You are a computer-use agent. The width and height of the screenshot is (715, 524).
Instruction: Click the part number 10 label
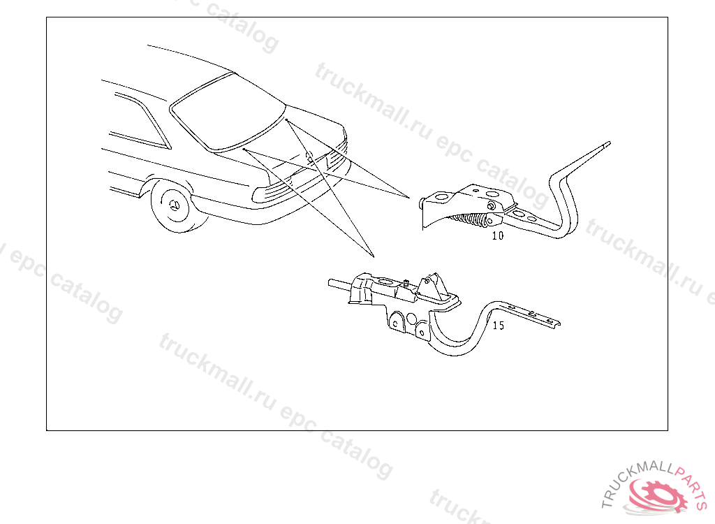(x=497, y=235)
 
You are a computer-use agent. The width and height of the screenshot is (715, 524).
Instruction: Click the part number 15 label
(x=499, y=326)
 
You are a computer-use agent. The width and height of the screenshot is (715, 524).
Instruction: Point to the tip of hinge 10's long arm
(x=609, y=143)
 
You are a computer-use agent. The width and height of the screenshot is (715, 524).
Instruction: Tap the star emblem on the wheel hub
(x=175, y=205)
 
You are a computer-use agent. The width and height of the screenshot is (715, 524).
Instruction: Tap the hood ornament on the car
(x=309, y=157)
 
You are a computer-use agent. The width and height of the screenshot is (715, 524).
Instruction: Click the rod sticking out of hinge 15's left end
(x=340, y=285)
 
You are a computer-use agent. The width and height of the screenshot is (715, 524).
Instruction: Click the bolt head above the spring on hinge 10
(x=491, y=205)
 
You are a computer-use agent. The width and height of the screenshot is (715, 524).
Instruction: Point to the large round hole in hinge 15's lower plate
(x=411, y=318)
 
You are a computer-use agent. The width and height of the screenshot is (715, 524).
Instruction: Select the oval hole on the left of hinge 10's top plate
(x=441, y=197)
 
